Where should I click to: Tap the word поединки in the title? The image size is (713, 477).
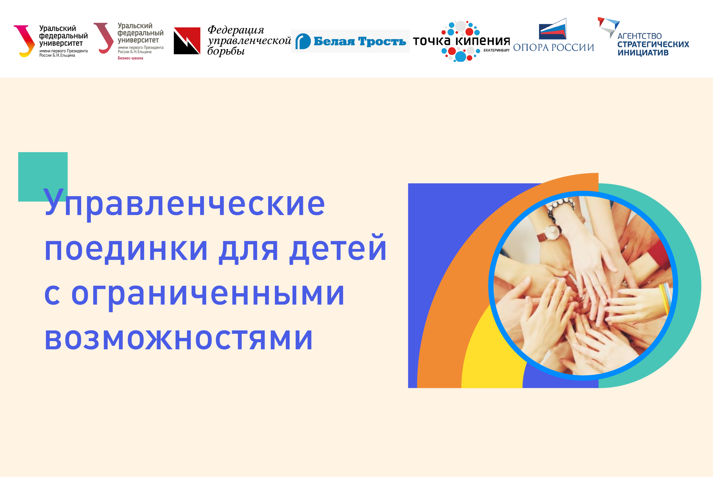(x=126, y=250)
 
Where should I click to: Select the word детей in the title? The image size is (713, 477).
(x=338, y=250)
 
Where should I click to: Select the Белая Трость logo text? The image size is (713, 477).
(x=360, y=41)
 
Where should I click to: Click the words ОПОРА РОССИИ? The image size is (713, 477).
(x=554, y=47)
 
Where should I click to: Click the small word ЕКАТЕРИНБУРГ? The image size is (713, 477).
(x=496, y=50)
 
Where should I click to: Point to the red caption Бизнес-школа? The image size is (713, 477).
(x=130, y=58)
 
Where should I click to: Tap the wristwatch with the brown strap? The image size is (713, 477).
(x=551, y=233)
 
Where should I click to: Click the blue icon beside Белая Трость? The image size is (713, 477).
(x=303, y=41)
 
